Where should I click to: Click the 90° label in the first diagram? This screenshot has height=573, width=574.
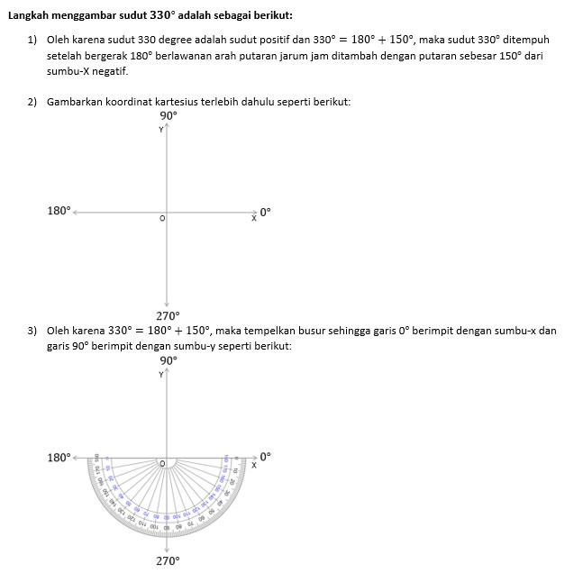pos(169,115)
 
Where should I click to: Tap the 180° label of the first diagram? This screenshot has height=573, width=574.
pos(59,211)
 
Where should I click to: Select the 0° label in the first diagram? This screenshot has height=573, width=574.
pos(265,213)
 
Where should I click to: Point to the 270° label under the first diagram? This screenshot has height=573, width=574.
pos(169,316)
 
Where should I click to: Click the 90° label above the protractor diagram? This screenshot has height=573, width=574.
pos(169,360)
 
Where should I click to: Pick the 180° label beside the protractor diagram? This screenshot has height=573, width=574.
pos(59,458)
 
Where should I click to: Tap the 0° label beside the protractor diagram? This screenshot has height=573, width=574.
pos(265,457)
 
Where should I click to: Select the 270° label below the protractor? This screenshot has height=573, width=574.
pos(168,560)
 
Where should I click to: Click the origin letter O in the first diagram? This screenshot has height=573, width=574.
pos(162,218)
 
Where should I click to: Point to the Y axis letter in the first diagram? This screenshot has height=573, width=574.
pos(161,130)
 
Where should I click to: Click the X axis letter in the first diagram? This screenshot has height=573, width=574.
pos(253,220)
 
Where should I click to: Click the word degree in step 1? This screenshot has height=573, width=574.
pos(179,41)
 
